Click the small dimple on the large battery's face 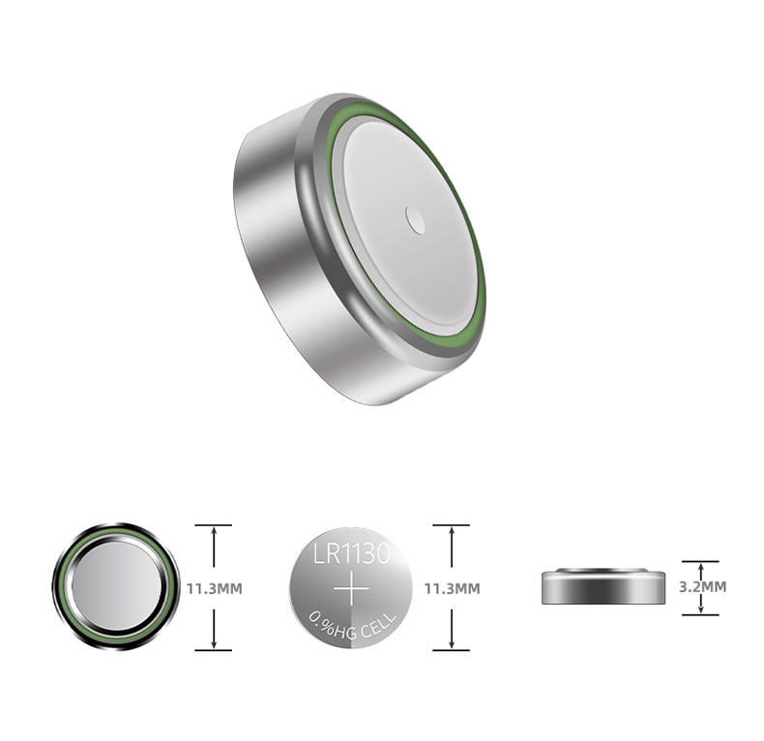(x=415, y=220)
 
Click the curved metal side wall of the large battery (x=273, y=253)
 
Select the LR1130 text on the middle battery (x=352, y=554)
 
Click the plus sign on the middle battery (x=352, y=589)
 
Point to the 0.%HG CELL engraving (x=353, y=626)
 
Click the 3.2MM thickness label (x=703, y=586)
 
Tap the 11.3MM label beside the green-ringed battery (x=215, y=588)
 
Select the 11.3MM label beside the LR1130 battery (x=453, y=588)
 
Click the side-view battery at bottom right (x=603, y=586)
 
